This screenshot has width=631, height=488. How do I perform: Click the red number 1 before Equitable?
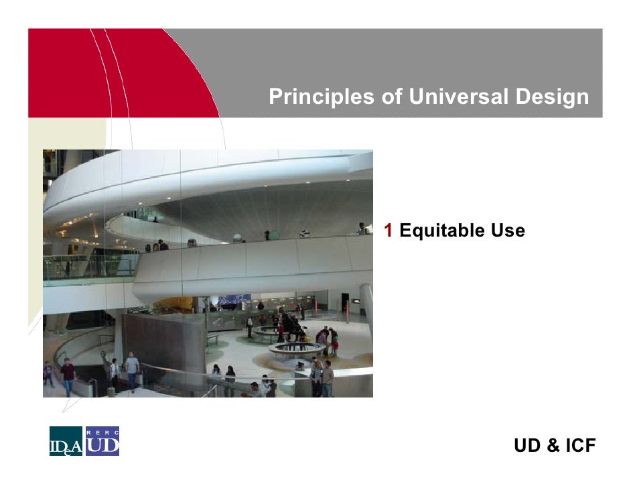click(x=388, y=231)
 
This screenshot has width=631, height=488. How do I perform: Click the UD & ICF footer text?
click(x=554, y=446)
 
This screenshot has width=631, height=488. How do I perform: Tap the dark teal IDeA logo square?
click(x=66, y=441)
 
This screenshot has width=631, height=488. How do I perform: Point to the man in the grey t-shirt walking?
click(x=132, y=369)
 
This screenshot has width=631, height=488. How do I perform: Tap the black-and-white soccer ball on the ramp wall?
click(x=305, y=233)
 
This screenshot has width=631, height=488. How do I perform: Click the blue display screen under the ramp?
click(x=234, y=299)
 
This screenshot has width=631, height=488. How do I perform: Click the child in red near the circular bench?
click(x=335, y=346)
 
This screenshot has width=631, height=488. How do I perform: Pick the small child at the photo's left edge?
click(x=48, y=373)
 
